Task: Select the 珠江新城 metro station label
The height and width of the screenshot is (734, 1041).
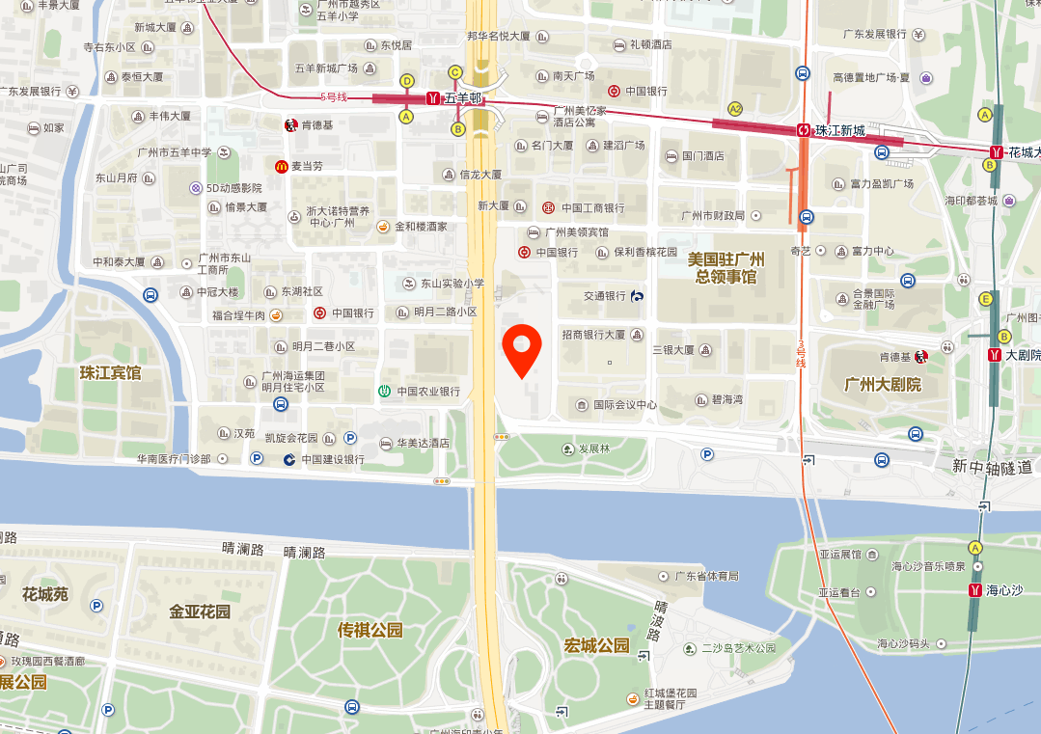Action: (834, 130)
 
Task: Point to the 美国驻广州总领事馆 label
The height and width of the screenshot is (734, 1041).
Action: (726, 268)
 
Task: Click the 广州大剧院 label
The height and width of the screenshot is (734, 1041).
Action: (882, 384)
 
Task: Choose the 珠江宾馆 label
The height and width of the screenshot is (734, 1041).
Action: (110, 372)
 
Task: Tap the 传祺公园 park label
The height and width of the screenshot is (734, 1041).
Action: (370, 631)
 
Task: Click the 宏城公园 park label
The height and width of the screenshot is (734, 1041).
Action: (596, 645)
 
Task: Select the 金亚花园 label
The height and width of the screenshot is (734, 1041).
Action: (200, 612)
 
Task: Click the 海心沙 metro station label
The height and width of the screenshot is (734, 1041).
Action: (1003, 590)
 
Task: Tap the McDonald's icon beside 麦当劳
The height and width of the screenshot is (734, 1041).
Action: (281, 166)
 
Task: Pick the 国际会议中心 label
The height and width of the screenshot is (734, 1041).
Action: (624, 405)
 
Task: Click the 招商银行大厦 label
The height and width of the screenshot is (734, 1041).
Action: (593, 335)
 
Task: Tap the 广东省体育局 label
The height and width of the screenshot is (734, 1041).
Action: (706, 576)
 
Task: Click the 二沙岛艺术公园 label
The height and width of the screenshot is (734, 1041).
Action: (738, 648)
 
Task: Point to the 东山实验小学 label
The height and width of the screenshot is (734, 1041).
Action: (452, 284)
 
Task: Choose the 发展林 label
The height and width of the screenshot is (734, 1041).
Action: (593, 449)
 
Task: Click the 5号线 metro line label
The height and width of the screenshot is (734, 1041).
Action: (333, 96)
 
